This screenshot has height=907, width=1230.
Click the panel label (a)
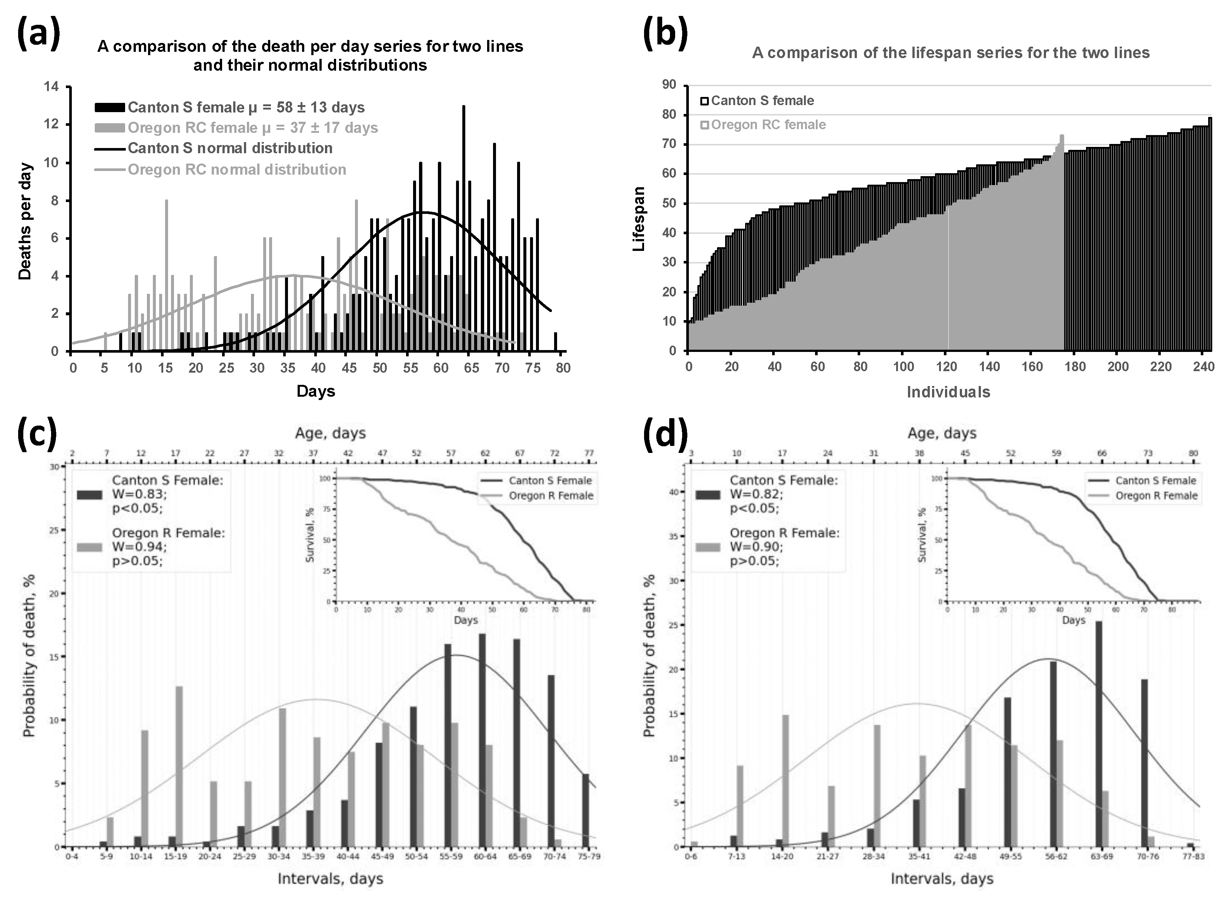(x=38, y=34)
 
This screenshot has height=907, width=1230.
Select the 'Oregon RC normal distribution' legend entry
(x=237, y=169)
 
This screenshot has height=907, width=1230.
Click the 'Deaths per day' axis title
(x=25, y=221)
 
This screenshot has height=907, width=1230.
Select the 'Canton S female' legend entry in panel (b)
(x=762, y=101)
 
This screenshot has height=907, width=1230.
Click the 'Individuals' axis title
(x=948, y=392)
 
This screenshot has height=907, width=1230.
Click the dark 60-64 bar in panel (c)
(x=482, y=740)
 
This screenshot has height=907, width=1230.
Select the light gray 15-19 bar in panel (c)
(x=179, y=766)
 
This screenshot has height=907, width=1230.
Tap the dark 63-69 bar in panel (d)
(x=1099, y=733)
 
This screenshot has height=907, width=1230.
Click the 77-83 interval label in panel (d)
(x=1193, y=857)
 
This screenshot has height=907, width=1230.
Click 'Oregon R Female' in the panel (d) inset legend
(x=1156, y=496)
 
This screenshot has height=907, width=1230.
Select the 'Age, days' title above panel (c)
(x=330, y=433)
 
